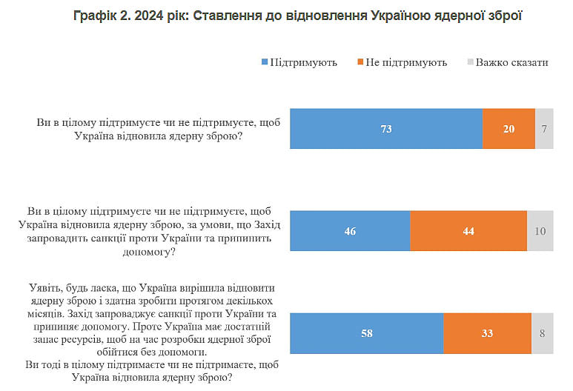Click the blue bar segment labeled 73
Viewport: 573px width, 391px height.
pyautogui.click(x=385, y=129)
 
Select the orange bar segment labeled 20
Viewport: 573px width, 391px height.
pyautogui.click(x=509, y=129)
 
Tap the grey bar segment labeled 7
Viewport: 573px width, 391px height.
pyautogui.click(x=544, y=129)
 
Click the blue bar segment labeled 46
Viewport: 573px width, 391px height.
pyautogui.click(x=350, y=231)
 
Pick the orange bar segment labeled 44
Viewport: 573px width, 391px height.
pyautogui.click(x=468, y=231)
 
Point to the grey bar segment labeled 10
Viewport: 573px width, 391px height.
pyautogui.click(x=540, y=231)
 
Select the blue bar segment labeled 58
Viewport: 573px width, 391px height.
pyautogui.click(x=366, y=333)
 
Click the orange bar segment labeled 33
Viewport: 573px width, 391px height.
pyautogui.click(x=487, y=333)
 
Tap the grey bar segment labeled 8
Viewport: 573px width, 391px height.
pyautogui.click(x=543, y=333)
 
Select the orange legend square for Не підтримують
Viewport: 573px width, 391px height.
pyautogui.click(x=360, y=62)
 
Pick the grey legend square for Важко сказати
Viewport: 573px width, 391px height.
pyautogui.click(x=469, y=62)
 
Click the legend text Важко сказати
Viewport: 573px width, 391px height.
pyautogui.click(x=511, y=62)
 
